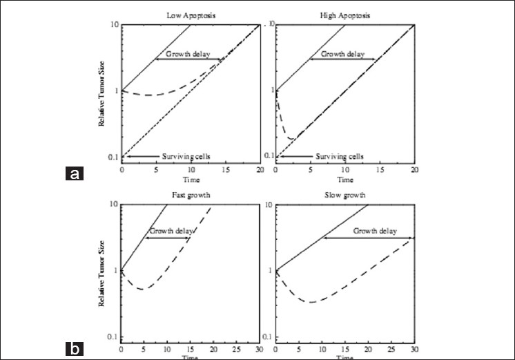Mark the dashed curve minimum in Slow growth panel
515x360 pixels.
312,302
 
